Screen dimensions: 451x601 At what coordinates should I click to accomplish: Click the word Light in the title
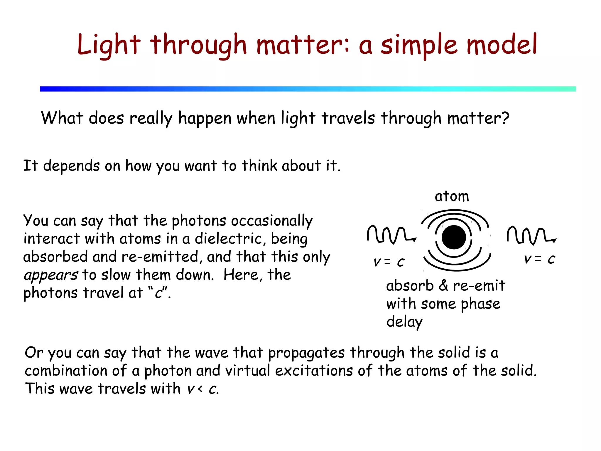click(x=109, y=45)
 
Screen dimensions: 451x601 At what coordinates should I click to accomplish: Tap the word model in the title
click(x=502, y=45)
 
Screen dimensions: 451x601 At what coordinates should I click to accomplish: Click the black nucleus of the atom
click(x=454, y=237)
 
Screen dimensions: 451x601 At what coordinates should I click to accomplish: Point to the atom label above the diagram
click(x=452, y=196)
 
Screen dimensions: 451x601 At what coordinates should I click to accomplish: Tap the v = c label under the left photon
click(x=389, y=262)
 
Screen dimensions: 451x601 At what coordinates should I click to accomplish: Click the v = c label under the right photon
click(x=539, y=259)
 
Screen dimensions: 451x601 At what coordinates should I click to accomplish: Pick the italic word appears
click(x=51, y=275)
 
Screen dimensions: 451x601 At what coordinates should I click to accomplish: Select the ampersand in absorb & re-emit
click(x=443, y=285)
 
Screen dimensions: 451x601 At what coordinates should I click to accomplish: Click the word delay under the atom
click(x=404, y=322)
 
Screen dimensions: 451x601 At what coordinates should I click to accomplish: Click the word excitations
click(x=314, y=370)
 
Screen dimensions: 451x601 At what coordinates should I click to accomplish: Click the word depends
click(x=71, y=166)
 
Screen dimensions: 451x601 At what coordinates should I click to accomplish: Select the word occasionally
click(x=272, y=221)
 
